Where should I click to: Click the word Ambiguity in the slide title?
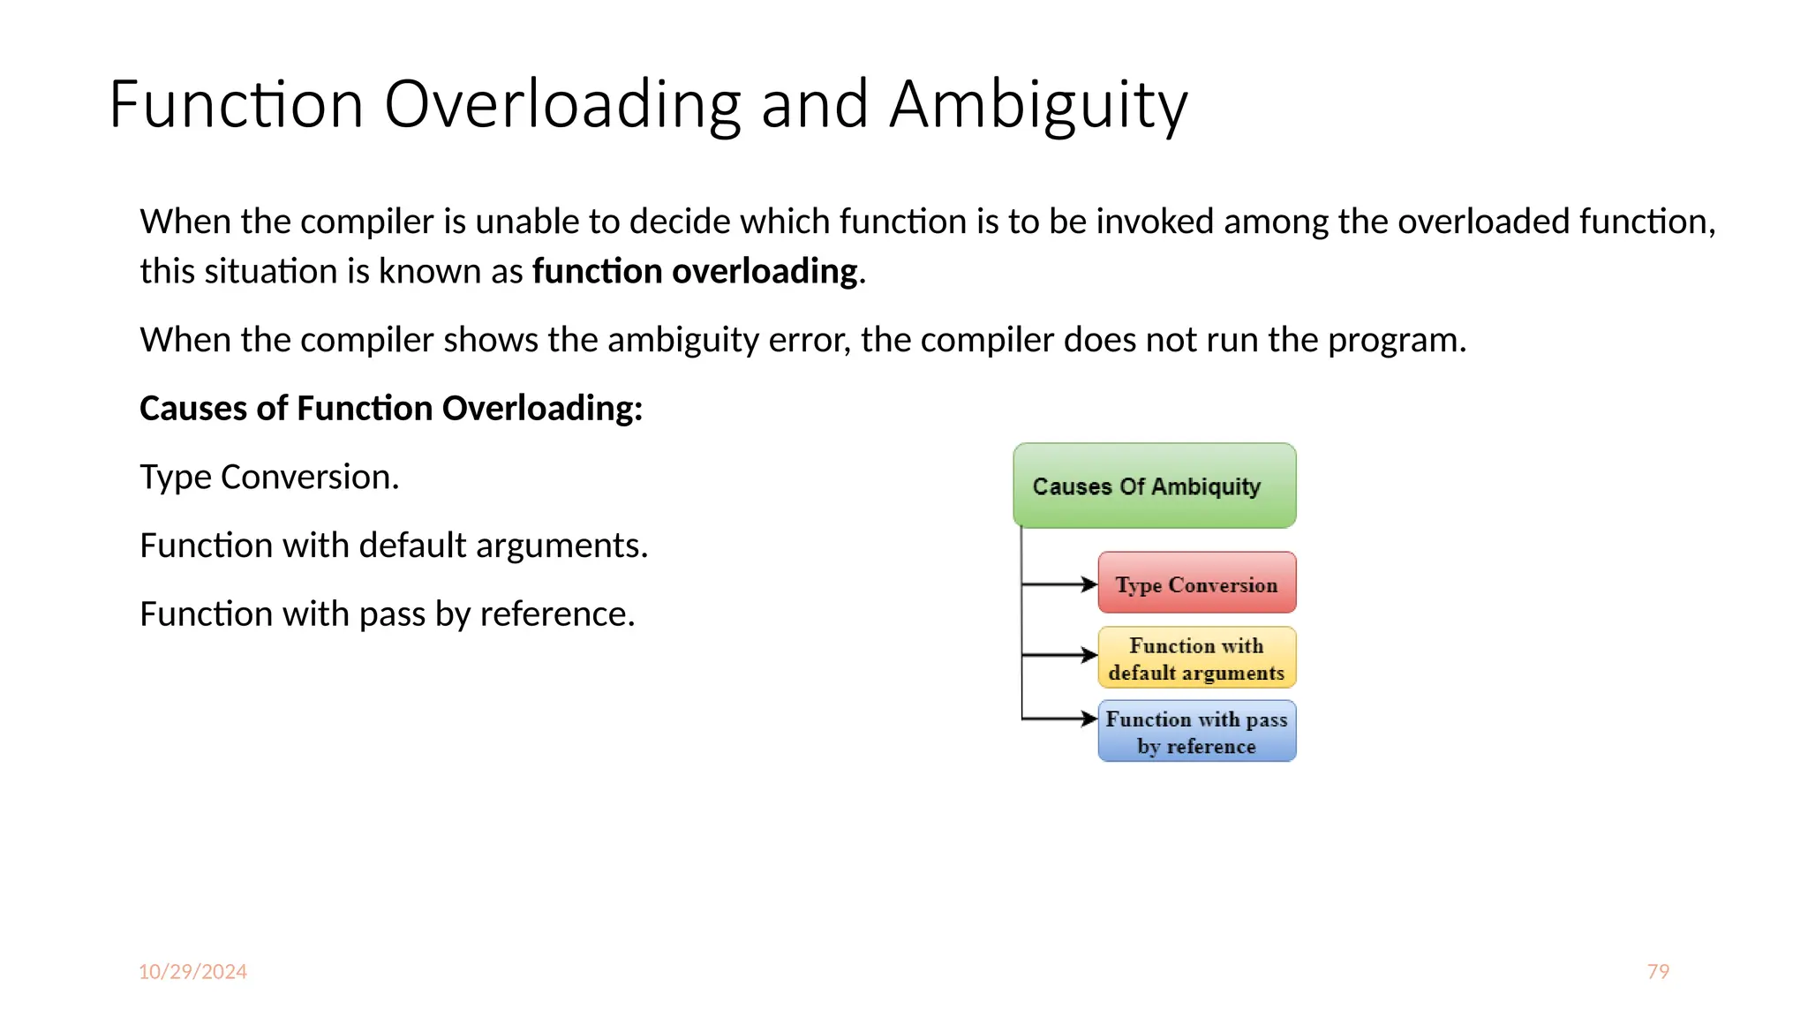(x=1038, y=104)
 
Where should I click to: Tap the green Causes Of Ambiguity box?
(x=1154, y=486)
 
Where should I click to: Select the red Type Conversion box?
(x=1196, y=583)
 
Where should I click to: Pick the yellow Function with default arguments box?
(x=1196, y=658)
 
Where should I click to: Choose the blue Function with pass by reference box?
(x=1196, y=731)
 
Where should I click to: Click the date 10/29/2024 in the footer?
(x=192, y=971)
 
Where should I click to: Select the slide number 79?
(x=1658, y=971)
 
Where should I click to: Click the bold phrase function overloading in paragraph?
(x=695, y=271)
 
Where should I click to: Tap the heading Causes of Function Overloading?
(x=391, y=408)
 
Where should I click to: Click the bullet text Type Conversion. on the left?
(x=269, y=477)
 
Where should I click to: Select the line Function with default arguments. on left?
(x=394, y=546)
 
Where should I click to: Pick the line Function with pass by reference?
(x=388, y=614)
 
